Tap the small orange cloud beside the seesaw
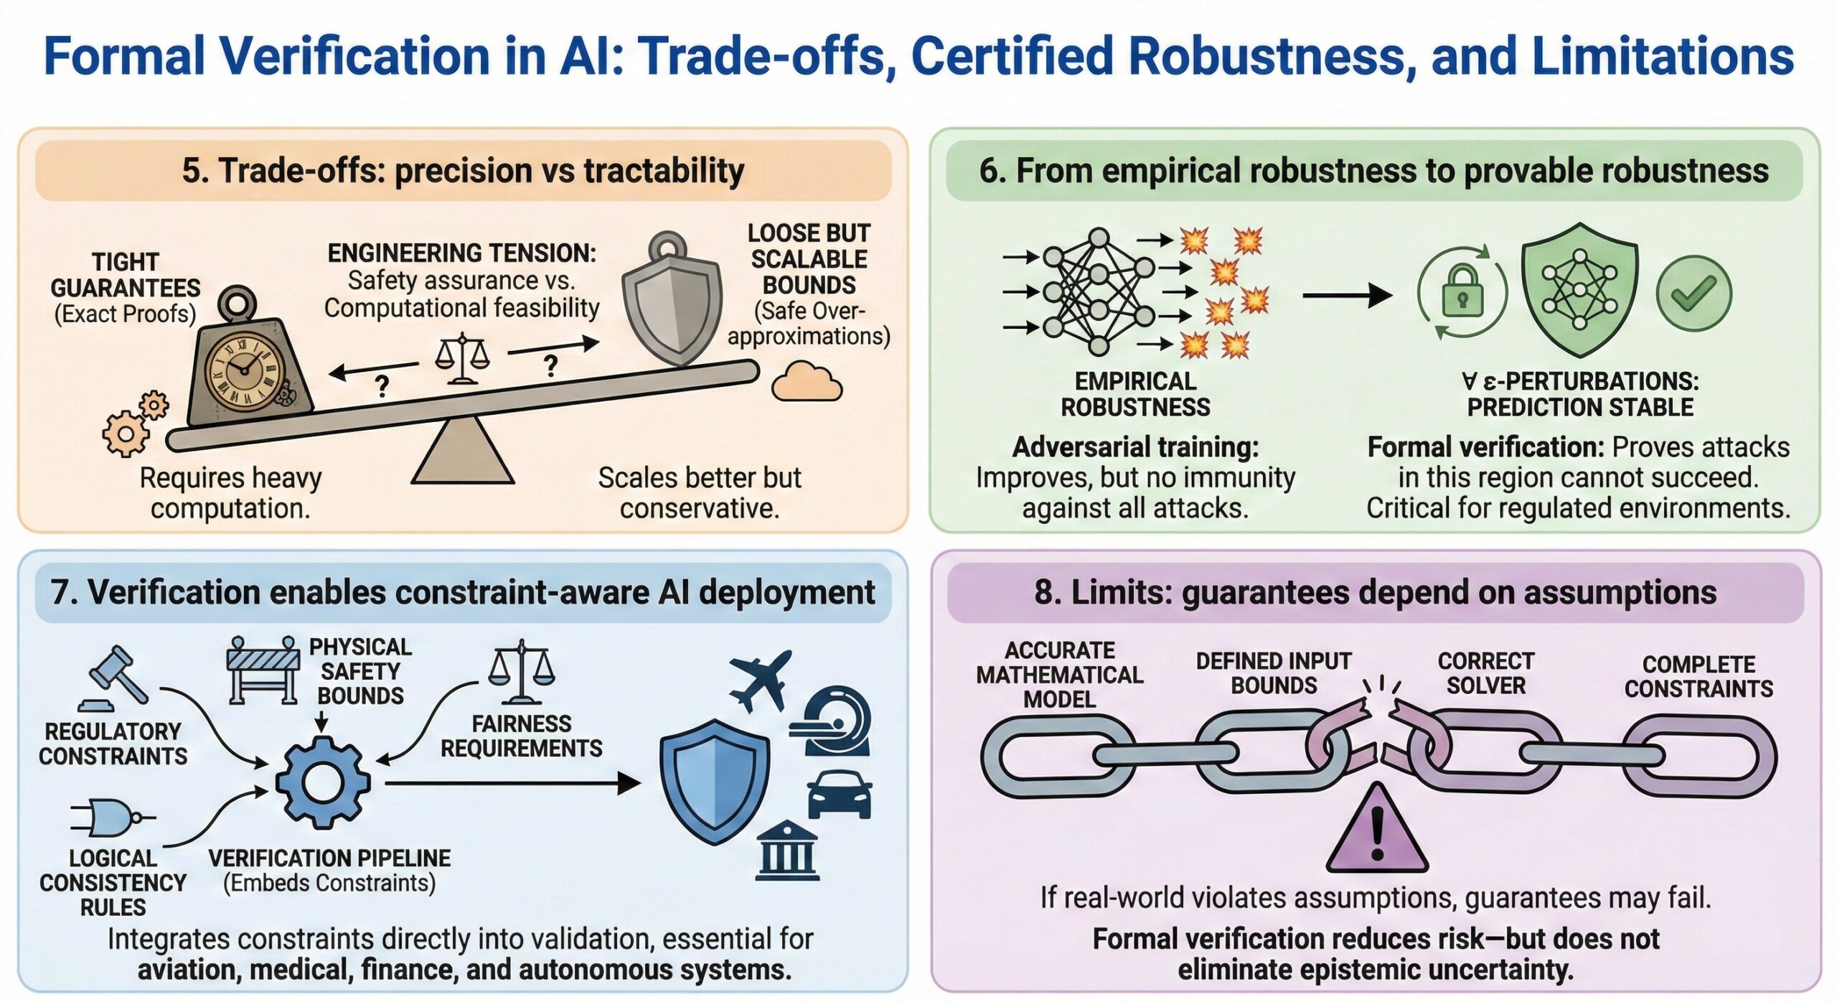point(807,382)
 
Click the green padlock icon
point(1462,293)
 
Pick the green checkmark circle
point(1693,293)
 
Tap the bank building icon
point(787,851)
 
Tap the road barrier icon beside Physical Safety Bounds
point(263,669)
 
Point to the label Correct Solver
point(1485,673)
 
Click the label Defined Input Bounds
point(1274,673)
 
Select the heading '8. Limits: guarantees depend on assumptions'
point(1375,593)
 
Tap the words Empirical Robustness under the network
point(1135,394)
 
